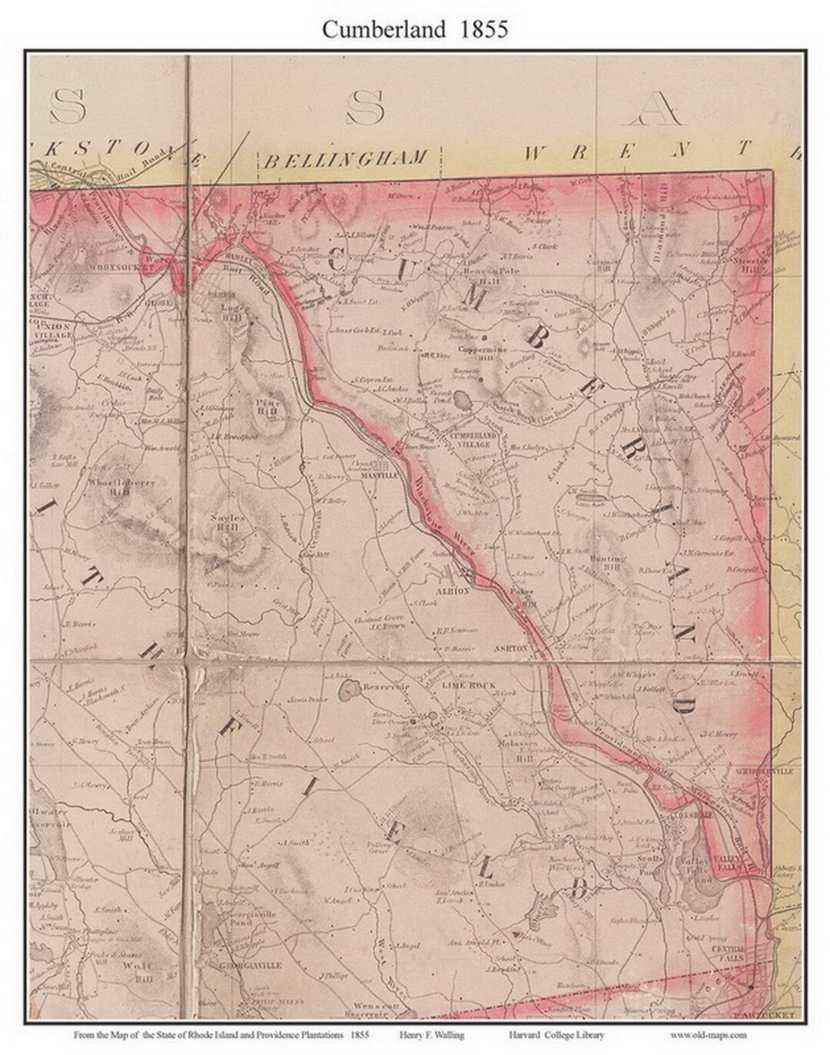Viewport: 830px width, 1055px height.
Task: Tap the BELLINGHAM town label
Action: (x=345, y=159)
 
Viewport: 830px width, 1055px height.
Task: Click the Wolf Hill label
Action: (x=143, y=971)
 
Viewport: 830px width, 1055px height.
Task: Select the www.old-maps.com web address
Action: (x=709, y=1035)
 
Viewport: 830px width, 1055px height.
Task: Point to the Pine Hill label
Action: (x=267, y=406)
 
